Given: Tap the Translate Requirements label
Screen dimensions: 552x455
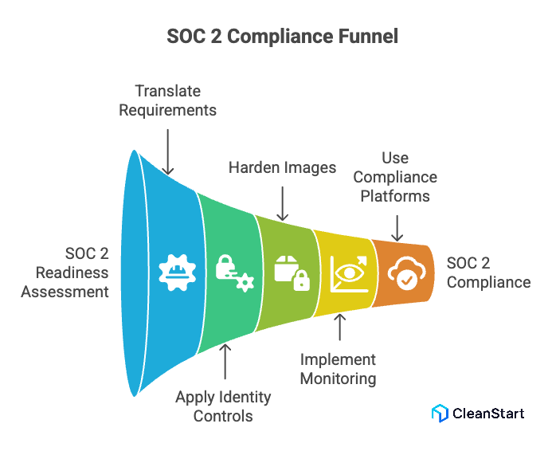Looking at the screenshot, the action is [x=167, y=100].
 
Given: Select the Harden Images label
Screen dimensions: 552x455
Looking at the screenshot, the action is [x=283, y=167].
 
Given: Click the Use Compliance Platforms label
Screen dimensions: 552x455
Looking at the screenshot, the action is [x=395, y=176].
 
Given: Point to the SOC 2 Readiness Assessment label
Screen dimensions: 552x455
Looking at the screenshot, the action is [x=65, y=272].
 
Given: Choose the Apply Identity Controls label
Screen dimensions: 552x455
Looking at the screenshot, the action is [x=223, y=406].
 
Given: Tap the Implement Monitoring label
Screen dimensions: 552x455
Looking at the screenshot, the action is [x=338, y=369].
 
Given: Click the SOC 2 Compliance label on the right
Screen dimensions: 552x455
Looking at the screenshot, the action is [x=488, y=272].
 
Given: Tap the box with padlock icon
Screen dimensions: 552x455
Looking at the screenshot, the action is [x=290, y=271].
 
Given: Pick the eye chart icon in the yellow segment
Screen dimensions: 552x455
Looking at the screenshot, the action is [x=346, y=272].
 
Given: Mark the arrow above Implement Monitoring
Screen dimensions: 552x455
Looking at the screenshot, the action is [x=341, y=328].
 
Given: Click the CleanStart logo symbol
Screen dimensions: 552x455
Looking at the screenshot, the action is [x=440, y=413].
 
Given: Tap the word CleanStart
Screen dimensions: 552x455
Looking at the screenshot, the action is [x=488, y=413].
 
